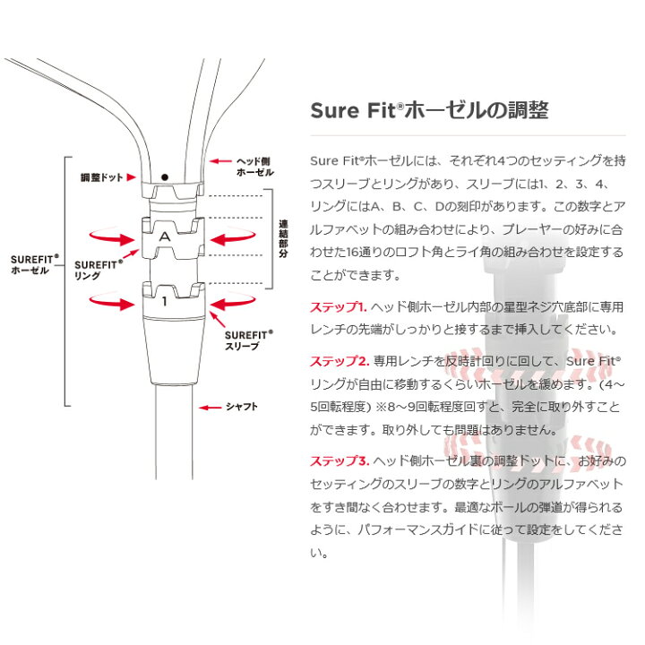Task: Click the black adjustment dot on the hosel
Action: tap(165, 177)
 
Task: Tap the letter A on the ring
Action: tap(165, 236)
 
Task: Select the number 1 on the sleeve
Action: tap(165, 302)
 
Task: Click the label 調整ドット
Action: tap(101, 177)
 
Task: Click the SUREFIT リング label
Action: tap(99, 271)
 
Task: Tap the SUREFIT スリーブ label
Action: tap(248, 340)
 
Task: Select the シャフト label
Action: tap(242, 407)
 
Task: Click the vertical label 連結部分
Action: tap(283, 238)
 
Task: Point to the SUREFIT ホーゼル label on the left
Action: tap(35, 265)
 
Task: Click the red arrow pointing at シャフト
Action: tap(211, 408)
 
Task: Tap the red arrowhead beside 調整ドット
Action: tap(131, 177)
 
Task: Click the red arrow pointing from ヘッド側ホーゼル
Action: tap(220, 161)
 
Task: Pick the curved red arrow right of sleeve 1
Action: tap(232, 303)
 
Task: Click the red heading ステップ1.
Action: tap(338, 307)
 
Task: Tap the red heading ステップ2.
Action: tap(340, 361)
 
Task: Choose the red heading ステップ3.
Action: tap(340, 461)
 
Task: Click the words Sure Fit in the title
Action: tap(353, 110)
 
